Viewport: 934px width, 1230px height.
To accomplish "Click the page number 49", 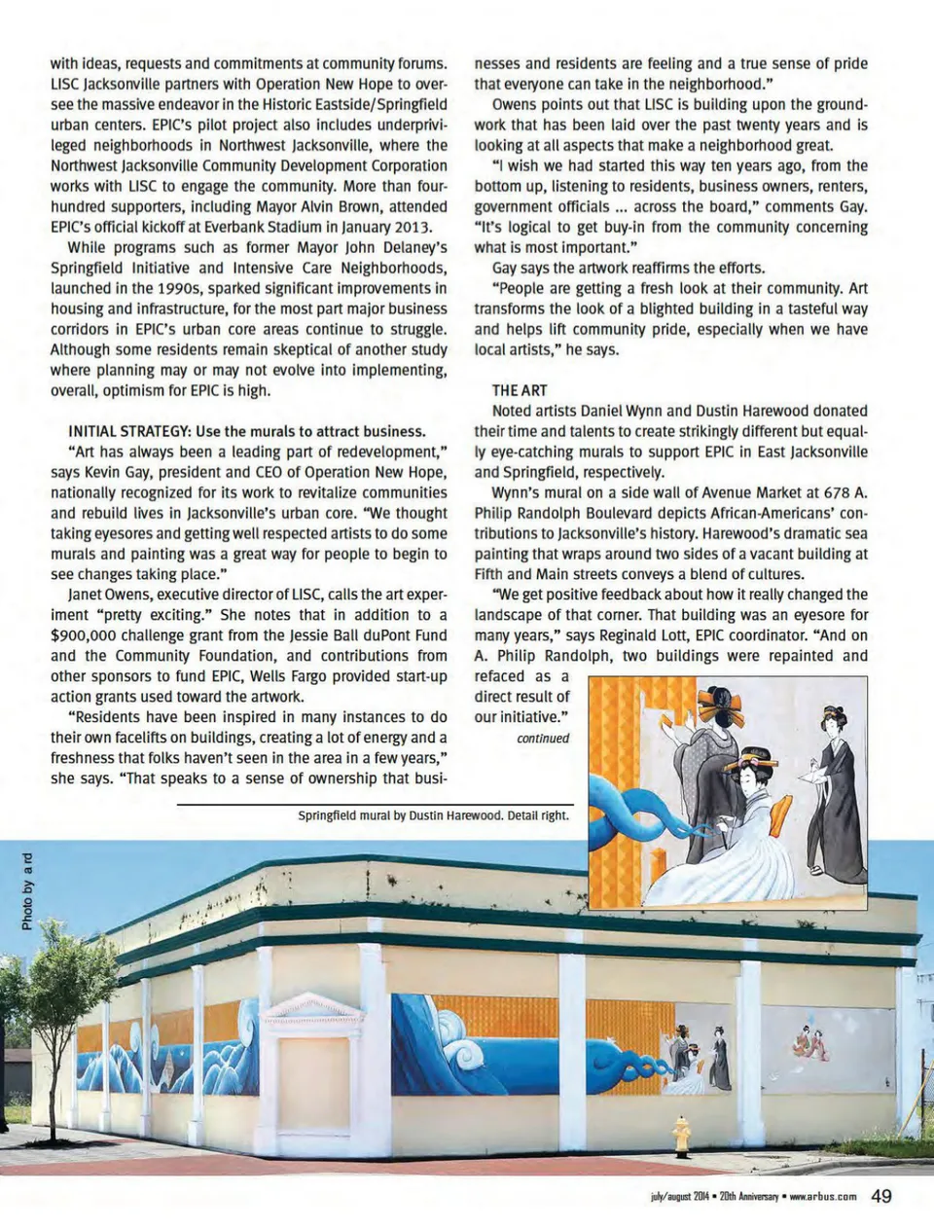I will pos(880,1196).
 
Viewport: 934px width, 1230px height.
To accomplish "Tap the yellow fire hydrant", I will pos(681,1136).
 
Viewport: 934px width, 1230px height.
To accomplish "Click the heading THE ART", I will pos(520,390).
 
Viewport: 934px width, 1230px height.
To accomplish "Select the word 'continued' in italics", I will pos(543,738).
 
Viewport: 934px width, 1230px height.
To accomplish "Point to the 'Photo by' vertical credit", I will pos(27,891).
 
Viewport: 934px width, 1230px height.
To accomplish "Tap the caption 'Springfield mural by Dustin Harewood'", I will pos(399,815).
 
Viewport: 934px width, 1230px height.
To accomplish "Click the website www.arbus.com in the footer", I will pos(822,1197).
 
